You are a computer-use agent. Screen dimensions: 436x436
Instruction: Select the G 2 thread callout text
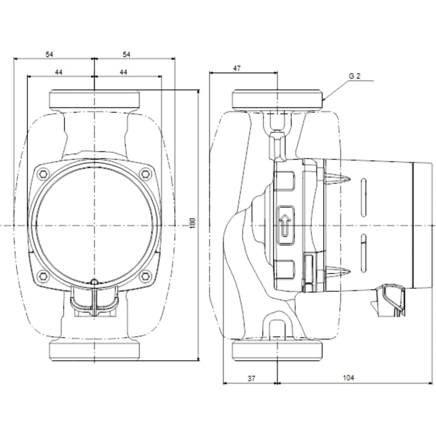click(355, 76)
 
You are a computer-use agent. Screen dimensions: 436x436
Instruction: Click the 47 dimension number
click(237, 68)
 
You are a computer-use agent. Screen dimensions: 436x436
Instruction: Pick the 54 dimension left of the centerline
click(50, 54)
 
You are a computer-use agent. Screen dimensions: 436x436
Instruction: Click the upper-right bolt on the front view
click(145, 174)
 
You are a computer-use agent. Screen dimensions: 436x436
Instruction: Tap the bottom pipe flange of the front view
click(95, 350)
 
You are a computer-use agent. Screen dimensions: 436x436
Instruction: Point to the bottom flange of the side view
click(278, 350)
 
